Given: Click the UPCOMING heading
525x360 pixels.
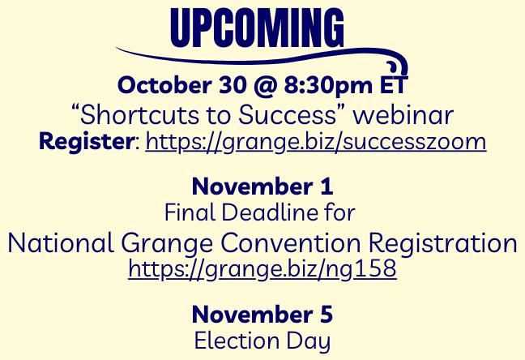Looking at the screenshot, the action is coord(257,28).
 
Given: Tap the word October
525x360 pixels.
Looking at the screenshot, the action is coord(164,85).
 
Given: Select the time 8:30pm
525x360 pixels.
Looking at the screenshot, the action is coord(328,86).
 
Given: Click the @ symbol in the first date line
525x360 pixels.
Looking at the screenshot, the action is coord(265,85).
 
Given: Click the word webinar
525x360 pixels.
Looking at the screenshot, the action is coord(403,114).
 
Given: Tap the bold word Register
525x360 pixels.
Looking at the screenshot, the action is coord(87,142).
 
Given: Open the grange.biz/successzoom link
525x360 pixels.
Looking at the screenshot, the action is coord(316,142).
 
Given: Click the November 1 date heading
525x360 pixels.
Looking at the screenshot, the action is coord(262,186).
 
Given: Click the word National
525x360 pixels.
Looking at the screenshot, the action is coord(61,243).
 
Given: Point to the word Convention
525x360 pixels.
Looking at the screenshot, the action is coord(291,243).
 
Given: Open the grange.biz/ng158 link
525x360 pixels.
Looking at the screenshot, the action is coord(262,269).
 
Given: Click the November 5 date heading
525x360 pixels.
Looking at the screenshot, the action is coord(262,315).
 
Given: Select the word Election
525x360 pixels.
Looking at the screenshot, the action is coord(237,341).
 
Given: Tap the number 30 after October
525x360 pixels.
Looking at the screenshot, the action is coord(233,85).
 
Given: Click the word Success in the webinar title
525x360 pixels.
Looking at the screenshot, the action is coord(287,114).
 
